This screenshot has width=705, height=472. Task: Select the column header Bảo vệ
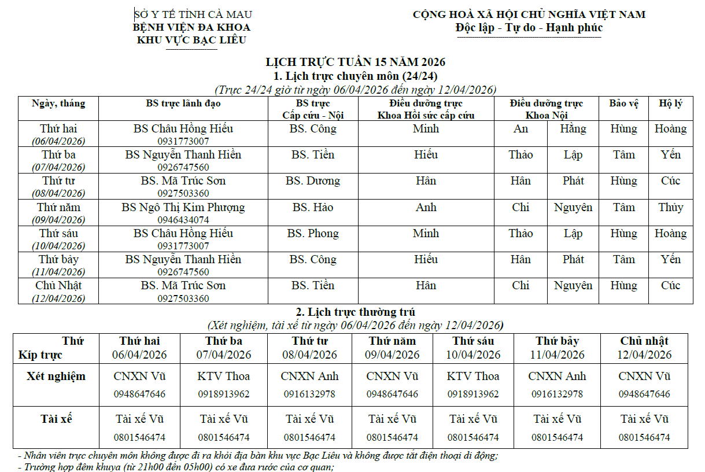[x=623, y=104]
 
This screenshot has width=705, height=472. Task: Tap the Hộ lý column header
[x=670, y=104]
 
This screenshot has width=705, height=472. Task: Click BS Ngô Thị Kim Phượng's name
[x=183, y=207]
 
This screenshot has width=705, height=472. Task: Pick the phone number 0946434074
[x=183, y=220]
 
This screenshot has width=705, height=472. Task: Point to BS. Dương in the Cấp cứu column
[x=313, y=181]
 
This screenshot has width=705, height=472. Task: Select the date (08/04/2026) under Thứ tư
[x=58, y=193]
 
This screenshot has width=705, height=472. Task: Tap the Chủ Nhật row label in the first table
[x=58, y=286]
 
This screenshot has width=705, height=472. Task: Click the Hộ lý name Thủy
[x=670, y=207]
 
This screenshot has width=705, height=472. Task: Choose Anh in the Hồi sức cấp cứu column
[x=426, y=207]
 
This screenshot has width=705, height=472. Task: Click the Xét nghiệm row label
[x=56, y=377]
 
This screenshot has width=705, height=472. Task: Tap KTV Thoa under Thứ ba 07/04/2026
[x=224, y=377]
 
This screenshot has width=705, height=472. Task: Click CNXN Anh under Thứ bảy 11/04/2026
[x=557, y=377]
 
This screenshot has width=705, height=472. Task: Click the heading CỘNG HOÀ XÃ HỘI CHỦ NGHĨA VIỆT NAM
[x=529, y=14]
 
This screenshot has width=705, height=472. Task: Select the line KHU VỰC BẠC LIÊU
[x=191, y=40]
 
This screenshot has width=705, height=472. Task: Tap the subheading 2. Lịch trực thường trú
[x=355, y=312]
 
